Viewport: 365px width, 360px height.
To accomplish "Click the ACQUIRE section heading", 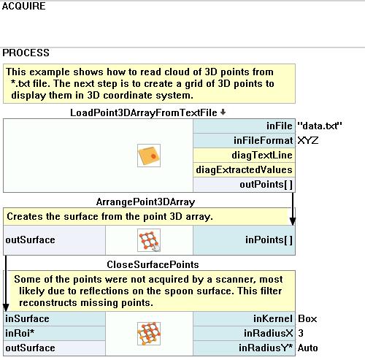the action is point(23,6).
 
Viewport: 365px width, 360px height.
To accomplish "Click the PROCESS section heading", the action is point(26,53).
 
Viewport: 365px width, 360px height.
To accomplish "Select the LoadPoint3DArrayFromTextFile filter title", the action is point(144,112).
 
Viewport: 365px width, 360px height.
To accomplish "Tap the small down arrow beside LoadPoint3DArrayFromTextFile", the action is point(223,112).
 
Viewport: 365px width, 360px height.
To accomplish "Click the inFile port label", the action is point(280,126).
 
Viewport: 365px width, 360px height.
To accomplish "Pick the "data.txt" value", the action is point(320,126).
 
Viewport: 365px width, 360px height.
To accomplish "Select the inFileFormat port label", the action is point(263,140).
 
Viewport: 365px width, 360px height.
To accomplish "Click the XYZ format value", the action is point(308,140).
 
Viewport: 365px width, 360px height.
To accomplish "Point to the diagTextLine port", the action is point(262,155).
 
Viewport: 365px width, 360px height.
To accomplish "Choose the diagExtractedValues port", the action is point(244,169).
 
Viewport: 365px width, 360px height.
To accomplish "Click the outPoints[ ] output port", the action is point(266,184).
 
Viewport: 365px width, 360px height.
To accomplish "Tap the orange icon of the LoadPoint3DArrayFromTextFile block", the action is point(149,156).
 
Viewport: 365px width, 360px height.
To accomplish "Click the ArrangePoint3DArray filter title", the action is point(145,202).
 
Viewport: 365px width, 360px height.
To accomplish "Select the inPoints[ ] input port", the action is point(269,240).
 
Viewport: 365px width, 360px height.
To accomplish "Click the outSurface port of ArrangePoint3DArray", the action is point(30,240).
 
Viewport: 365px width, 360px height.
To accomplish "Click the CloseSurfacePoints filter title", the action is point(153,264).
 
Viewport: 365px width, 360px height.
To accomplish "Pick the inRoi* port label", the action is point(20,333).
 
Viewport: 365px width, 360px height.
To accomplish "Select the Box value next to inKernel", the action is point(307,318).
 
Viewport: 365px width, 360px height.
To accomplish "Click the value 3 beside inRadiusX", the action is point(301,333).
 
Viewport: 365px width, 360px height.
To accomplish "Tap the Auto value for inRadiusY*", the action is point(308,348).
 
